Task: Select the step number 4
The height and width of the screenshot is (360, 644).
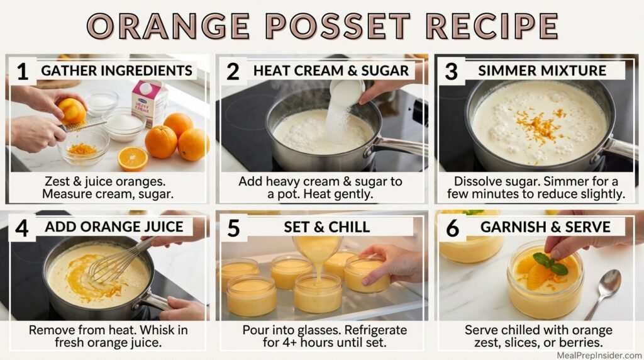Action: [x=23, y=228]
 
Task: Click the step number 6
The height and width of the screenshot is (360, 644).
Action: [x=452, y=228]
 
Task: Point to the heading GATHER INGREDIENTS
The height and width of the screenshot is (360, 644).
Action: [x=116, y=70]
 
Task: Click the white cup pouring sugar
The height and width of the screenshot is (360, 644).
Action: [x=347, y=93]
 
